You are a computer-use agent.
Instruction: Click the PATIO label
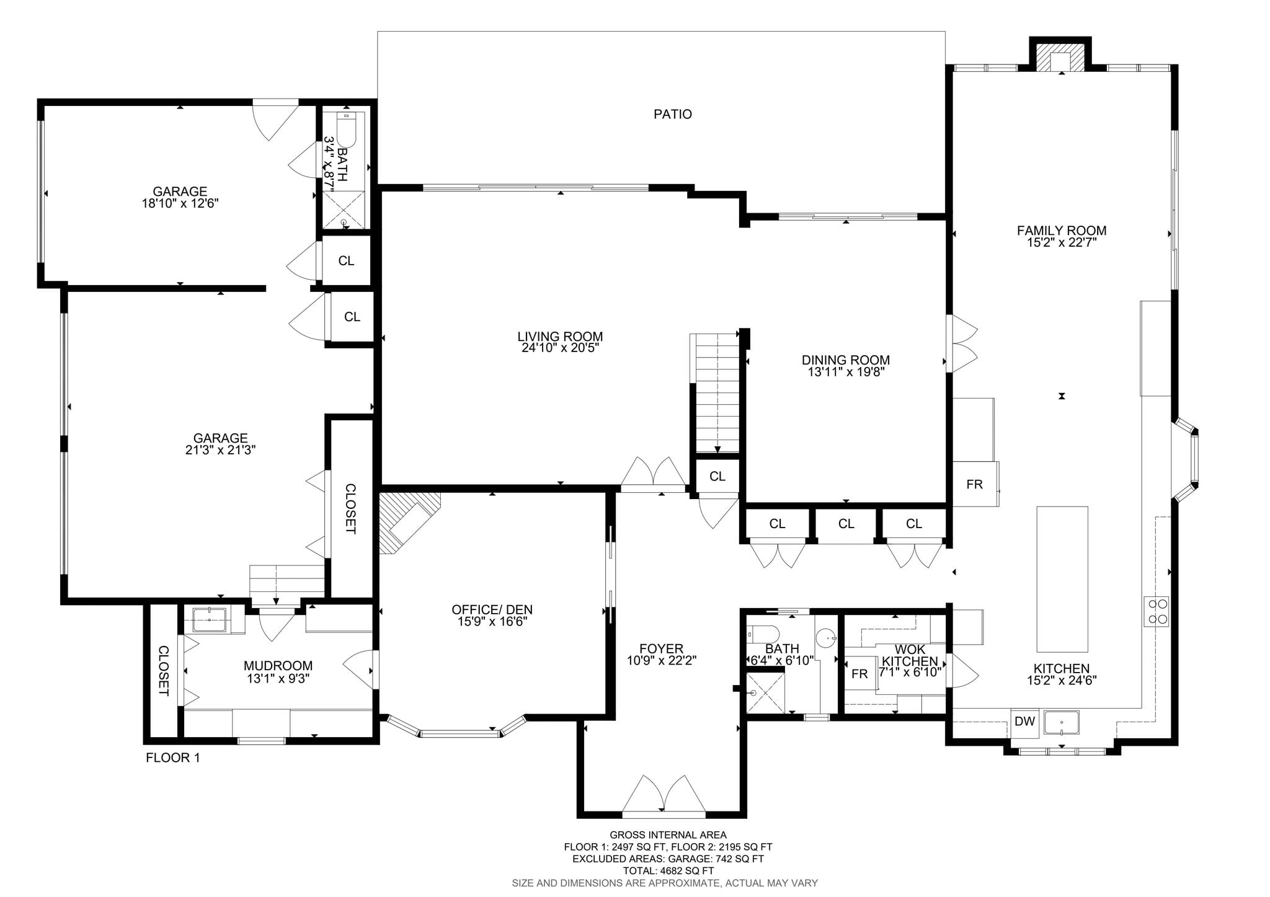(x=672, y=114)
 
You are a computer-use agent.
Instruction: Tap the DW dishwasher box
(x=1024, y=722)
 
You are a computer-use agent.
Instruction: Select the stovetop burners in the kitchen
(x=1156, y=611)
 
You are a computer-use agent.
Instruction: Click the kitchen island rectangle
(x=1062, y=579)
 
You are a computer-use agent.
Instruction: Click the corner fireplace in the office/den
(x=407, y=521)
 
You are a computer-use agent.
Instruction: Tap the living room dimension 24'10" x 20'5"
(x=560, y=348)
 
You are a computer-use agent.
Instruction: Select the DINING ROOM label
(x=845, y=360)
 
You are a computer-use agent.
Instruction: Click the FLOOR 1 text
(x=172, y=758)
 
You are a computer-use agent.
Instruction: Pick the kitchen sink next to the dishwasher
(x=1062, y=723)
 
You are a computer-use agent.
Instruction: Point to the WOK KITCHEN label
(x=910, y=655)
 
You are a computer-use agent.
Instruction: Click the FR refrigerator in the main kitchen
(x=975, y=484)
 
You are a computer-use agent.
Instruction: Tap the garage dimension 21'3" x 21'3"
(x=220, y=450)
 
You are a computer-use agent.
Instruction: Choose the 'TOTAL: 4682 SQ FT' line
(x=668, y=871)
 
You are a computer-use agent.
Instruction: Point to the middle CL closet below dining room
(x=846, y=524)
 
